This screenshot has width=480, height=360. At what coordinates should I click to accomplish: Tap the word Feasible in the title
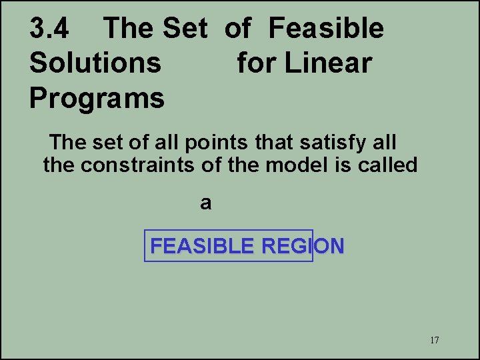pyautogui.click(x=326, y=29)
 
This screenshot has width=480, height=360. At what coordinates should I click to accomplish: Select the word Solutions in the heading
pyautogui.click(x=95, y=63)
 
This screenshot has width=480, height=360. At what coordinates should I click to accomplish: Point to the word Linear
pyautogui.click(x=328, y=63)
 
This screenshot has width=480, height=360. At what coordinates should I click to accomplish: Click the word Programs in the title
pyautogui.click(x=97, y=98)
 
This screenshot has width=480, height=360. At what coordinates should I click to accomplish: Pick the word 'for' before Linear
pyautogui.click(x=257, y=63)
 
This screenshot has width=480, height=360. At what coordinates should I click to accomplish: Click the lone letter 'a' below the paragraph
pyautogui.click(x=206, y=203)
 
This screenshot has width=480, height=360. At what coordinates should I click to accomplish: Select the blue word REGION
pyautogui.click(x=303, y=247)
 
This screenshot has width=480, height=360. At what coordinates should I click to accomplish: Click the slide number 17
pyautogui.click(x=434, y=340)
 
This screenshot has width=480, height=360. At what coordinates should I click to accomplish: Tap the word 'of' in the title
pyautogui.click(x=237, y=29)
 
